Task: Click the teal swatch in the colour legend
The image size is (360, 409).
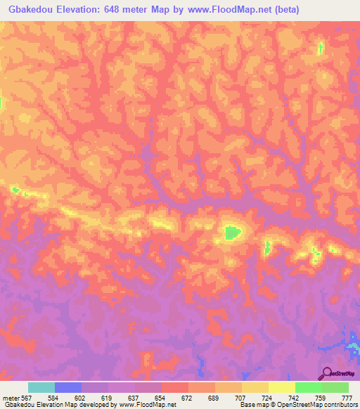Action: [x=41, y=387]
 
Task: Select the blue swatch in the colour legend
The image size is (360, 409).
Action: [x=68, y=387]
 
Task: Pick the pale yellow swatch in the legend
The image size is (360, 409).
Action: [x=281, y=387]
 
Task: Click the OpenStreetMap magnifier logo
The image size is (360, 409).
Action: [x=327, y=373]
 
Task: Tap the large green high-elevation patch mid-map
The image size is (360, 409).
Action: [x=231, y=232]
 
